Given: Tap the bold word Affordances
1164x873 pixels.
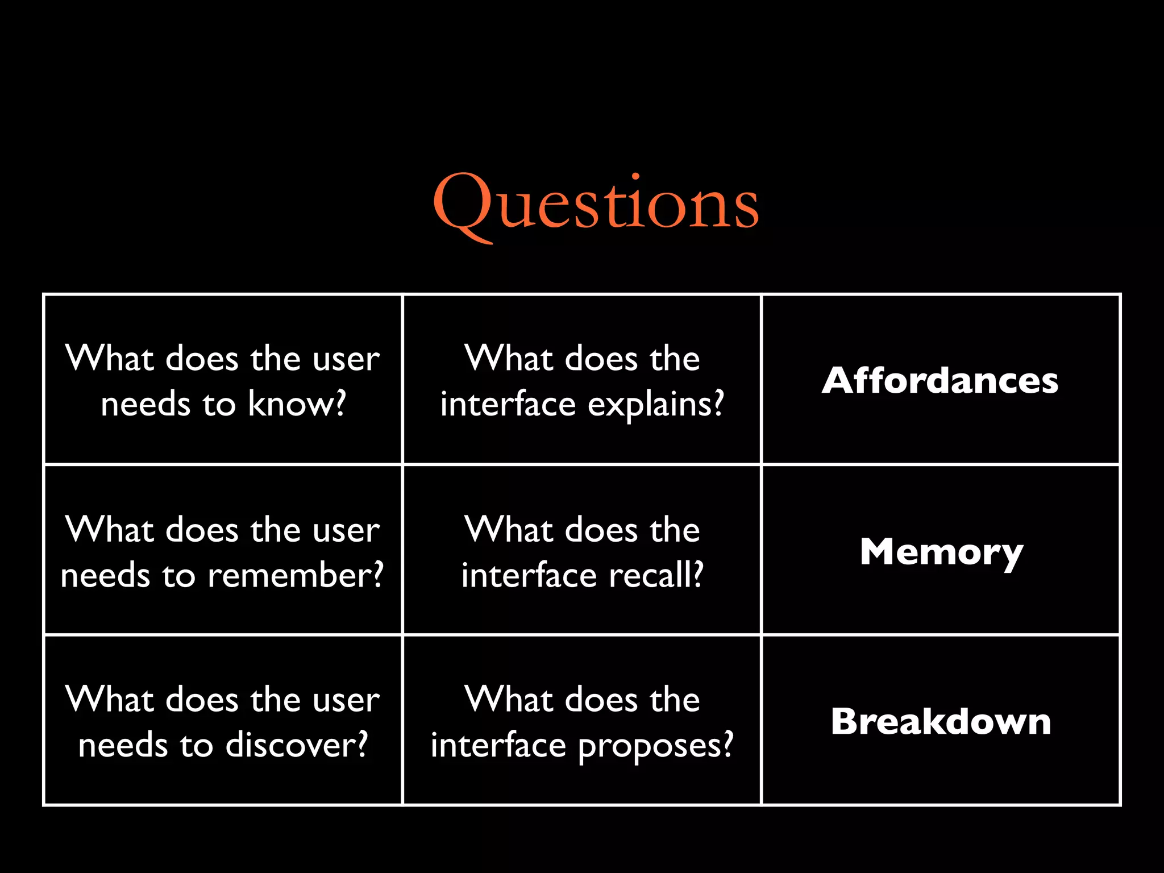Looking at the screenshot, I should pos(940,380).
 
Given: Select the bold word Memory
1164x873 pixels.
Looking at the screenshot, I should pos(941,552).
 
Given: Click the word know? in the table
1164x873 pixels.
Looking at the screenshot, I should pos(297,404).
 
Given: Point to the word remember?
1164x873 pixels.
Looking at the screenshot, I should pos(296,575).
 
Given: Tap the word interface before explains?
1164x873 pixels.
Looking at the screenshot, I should pos(508,404).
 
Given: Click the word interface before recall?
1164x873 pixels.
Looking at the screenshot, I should pos(529,575).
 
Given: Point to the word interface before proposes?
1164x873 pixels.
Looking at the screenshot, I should pos(498,745).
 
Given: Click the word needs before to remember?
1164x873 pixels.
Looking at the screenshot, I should pos(105,575).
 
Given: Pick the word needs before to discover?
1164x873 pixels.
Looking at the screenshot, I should pos(123,745).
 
